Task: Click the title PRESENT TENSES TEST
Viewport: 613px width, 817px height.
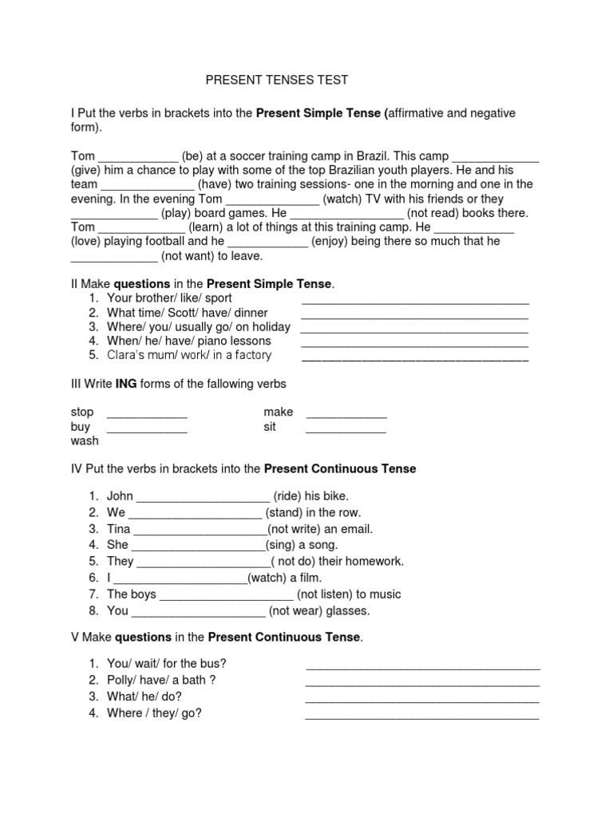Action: click(277, 81)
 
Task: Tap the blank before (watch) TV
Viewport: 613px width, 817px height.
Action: click(273, 199)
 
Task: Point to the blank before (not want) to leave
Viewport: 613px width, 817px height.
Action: click(115, 258)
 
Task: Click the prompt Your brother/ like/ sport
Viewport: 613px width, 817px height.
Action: click(169, 298)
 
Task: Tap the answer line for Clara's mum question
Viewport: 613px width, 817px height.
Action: click(414, 357)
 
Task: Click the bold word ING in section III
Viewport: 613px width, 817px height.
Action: click(127, 385)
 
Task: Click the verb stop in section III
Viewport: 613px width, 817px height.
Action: click(82, 412)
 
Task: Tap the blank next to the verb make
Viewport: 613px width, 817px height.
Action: click(346, 414)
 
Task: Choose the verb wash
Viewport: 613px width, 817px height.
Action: click(84, 440)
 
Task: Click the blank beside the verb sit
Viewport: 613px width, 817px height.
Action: click(346, 428)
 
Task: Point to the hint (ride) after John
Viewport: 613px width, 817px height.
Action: click(289, 496)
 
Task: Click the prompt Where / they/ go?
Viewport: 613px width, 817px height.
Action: click(154, 713)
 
